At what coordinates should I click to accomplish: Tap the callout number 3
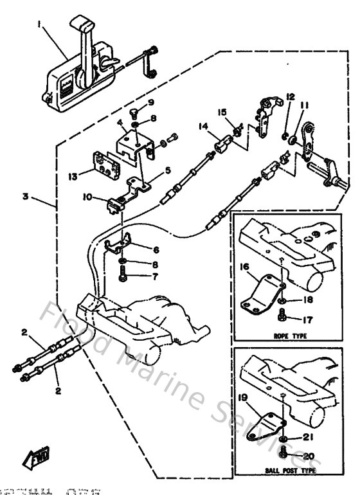[25, 197]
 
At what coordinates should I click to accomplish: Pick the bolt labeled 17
[283, 315]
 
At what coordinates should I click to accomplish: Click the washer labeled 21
[284, 439]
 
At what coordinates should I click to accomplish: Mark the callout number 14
[204, 127]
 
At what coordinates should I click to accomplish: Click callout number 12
[290, 96]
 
